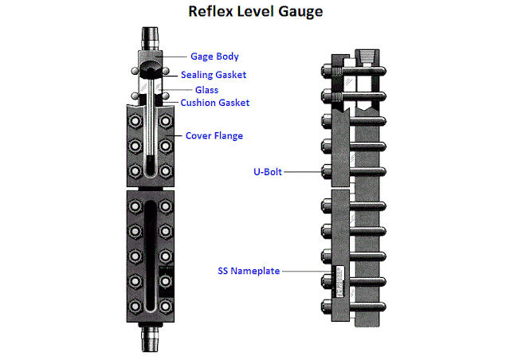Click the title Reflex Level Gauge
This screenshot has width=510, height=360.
(254, 13)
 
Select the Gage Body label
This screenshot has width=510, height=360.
(214, 57)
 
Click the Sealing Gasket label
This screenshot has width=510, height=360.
(214, 74)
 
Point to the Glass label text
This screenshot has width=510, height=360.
(206, 90)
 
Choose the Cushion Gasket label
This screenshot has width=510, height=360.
(215, 103)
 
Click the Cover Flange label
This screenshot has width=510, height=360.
(214, 135)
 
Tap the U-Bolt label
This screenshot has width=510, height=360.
(261, 170)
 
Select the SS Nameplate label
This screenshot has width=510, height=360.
(249, 271)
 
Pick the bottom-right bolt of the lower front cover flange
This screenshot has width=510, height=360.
(165, 305)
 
